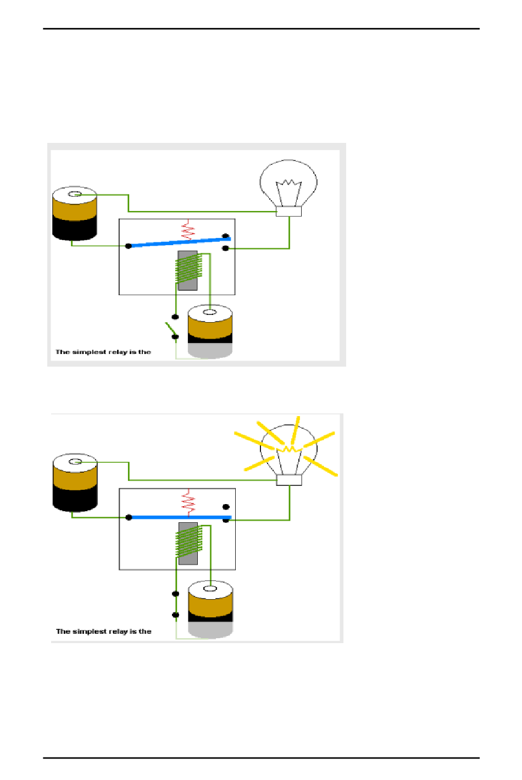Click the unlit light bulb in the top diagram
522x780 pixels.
(x=288, y=184)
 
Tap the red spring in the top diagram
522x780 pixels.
(x=188, y=230)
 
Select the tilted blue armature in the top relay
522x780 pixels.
(x=179, y=242)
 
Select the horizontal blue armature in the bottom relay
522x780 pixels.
(x=179, y=517)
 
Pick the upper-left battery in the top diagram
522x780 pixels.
(x=75, y=214)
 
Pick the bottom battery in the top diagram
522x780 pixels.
(x=210, y=331)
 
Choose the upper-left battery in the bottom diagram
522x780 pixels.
(x=75, y=482)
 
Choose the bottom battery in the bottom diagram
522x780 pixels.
(x=210, y=608)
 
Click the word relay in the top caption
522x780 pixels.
(x=118, y=352)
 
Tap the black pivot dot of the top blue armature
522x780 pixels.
(x=129, y=246)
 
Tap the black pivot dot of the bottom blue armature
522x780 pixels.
(x=129, y=517)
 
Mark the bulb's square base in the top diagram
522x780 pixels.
(x=288, y=212)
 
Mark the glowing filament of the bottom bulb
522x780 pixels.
(x=289, y=450)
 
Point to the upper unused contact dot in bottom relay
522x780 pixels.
(x=226, y=507)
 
